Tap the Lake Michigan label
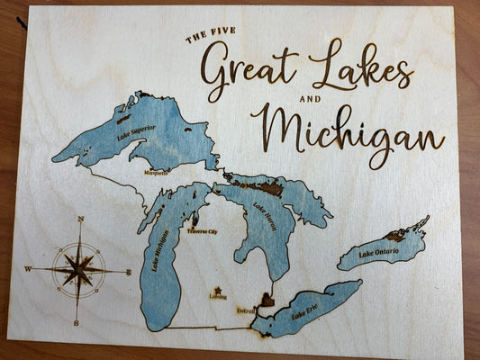(160, 253)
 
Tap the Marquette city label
(156, 173)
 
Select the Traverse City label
(203, 231)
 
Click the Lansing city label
(218, 297)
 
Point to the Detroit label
(245, 310)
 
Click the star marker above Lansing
(218, 290)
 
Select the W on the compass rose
(27, 268)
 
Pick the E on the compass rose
(128, 271)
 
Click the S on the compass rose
(77, 321)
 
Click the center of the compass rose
(78, 268)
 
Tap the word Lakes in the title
(360, 65)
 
